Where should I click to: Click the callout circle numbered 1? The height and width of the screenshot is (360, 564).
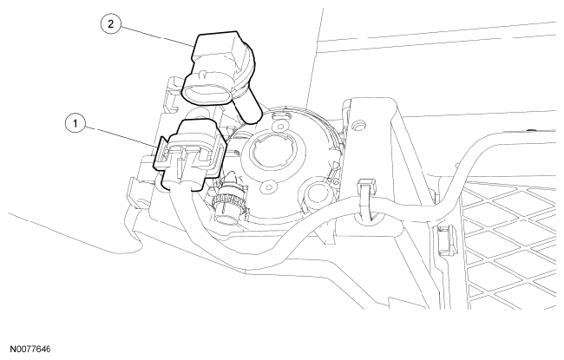click(x=75, y=123)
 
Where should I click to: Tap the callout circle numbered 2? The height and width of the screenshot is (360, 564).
click(x=110, y=23)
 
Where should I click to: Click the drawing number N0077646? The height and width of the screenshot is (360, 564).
click(x=30, y=350)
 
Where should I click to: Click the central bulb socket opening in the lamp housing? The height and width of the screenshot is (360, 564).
click(x=275, y=149)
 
